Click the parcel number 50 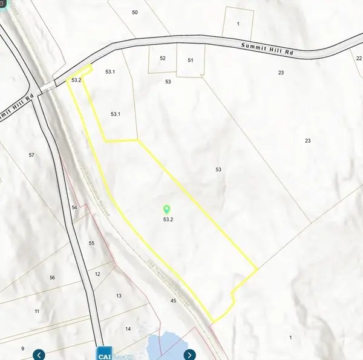coord(134,12)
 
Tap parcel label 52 coord(163,58)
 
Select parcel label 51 coord(190,61)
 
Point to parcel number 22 coord(352,57)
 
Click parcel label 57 coord(31,155)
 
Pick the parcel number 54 coord(74,208)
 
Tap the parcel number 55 coord(91,243)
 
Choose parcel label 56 coord(53,277)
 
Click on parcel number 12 coord(97,274)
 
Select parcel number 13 coord(119,295)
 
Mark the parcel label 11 coord(37,311)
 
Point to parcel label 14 coord(128,329)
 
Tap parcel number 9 coord(22,349)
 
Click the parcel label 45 coord(173,301)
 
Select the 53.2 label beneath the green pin coord(168,220)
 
